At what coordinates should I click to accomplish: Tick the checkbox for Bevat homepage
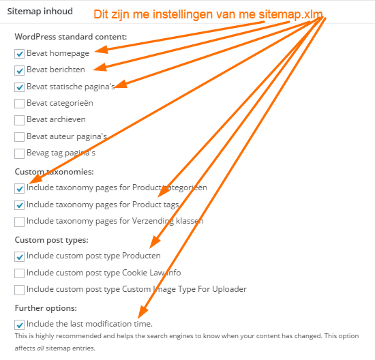(19, 54)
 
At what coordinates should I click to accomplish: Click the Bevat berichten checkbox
(19, 70)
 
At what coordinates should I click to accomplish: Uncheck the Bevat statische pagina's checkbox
(19, 87)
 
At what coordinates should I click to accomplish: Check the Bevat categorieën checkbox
(19, 104)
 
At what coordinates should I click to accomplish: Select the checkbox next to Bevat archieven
(19, 120)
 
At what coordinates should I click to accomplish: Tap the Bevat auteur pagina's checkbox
(19, 137)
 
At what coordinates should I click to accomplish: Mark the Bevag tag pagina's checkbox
(19, 153)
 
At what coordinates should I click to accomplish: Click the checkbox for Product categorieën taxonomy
(19, 188)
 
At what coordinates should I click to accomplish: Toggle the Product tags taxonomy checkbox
(19, 205)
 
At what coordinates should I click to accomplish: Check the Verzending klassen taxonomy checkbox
(19, 222)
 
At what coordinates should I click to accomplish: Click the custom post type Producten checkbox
(19, 256)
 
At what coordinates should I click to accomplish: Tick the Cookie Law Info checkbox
(19, 273)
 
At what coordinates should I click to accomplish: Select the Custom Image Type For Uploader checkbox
(19, 290)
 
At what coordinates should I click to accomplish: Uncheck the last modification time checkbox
(19, 325)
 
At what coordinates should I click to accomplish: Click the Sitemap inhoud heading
(40, 11)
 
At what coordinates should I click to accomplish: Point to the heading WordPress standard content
(71, 37)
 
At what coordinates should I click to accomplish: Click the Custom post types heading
(51, 240)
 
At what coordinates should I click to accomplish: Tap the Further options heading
(46, 308)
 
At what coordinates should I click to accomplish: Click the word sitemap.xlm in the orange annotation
(290, 14)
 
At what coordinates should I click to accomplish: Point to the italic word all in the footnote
(40, 348)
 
